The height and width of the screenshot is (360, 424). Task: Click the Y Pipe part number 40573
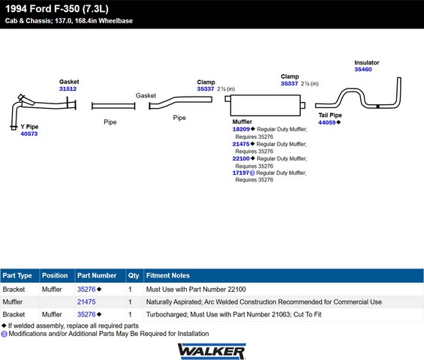coord(29,133)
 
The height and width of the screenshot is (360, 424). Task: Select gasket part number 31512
coord(68,89)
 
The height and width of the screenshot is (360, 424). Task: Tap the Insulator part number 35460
coord(363,70)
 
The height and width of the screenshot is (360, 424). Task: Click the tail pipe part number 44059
coord(326,122)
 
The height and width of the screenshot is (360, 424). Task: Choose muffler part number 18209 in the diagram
coord(241,129)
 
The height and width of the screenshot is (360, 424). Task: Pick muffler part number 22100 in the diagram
coord(241,159)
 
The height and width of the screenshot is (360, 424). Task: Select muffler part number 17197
coord(241,172)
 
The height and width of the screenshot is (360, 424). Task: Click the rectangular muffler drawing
coord(265,105)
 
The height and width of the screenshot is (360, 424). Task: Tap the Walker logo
coord(212,351)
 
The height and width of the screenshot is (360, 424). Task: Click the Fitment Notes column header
coord(168,275)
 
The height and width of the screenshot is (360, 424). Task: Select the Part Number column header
coord(97,275)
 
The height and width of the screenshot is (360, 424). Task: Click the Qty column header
coord(134,276)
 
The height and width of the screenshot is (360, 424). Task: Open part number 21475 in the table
coord(86,302)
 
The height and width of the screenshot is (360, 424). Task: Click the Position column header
coord(55,275)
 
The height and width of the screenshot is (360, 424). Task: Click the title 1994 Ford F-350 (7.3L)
coord(57,9)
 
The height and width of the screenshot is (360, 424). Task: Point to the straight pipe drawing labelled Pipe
coord(113,106)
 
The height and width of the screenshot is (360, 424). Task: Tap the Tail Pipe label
coord(330,115)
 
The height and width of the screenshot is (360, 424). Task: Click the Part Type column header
coord(17,276)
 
